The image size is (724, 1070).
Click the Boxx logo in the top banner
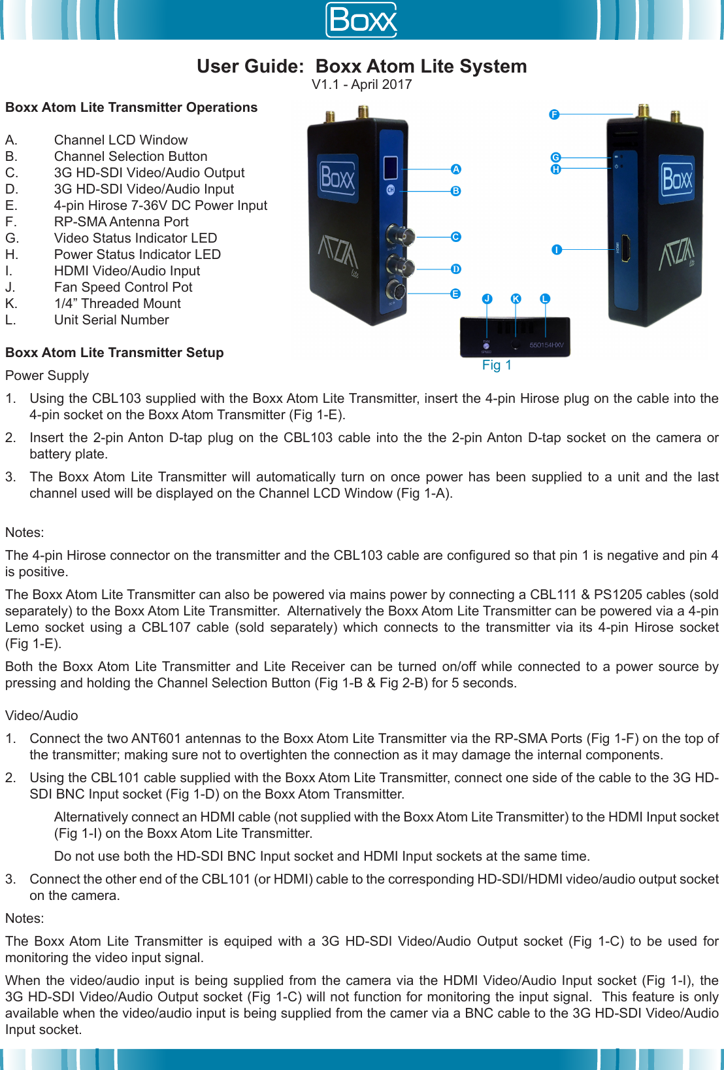coord(362,20)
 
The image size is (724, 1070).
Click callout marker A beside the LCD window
coord(456,169)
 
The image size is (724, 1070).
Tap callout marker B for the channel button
coord(456,191)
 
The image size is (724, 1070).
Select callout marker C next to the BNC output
coord(456,237)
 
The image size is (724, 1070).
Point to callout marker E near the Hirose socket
coord(455,294)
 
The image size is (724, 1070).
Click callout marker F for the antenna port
coord(554,114)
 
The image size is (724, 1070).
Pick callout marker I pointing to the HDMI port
coord(557,250)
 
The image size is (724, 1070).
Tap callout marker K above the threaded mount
coord(516,299)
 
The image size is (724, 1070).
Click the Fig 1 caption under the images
coord(497,365)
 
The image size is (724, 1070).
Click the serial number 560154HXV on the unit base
coord(546,345)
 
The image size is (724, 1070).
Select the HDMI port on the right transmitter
coord(625,249)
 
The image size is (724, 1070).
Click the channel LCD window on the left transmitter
coord(390,168)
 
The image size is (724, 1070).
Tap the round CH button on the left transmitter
coord(391,190)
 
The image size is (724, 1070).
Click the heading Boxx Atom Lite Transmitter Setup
coord(114,353)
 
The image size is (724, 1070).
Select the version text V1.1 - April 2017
coord(361,84)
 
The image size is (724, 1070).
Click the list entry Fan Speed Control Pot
coord(123,287)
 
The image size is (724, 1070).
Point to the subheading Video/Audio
coord(41,716)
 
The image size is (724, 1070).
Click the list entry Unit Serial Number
coord(111,320)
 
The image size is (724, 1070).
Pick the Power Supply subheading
coord(47,375)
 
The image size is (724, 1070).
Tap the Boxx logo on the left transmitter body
coord(338,178)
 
